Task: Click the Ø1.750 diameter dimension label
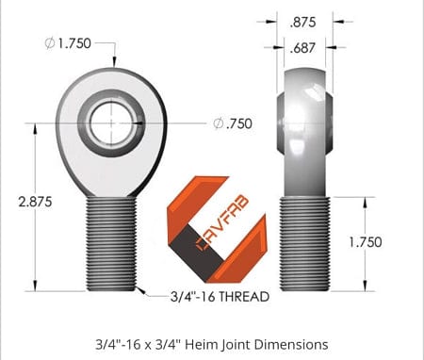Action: click(x=72, y=42)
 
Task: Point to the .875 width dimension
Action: click(x=302, y=21)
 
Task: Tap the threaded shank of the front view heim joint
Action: click(x=110, y=243)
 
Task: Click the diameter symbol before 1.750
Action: click(x=47, y=42)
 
